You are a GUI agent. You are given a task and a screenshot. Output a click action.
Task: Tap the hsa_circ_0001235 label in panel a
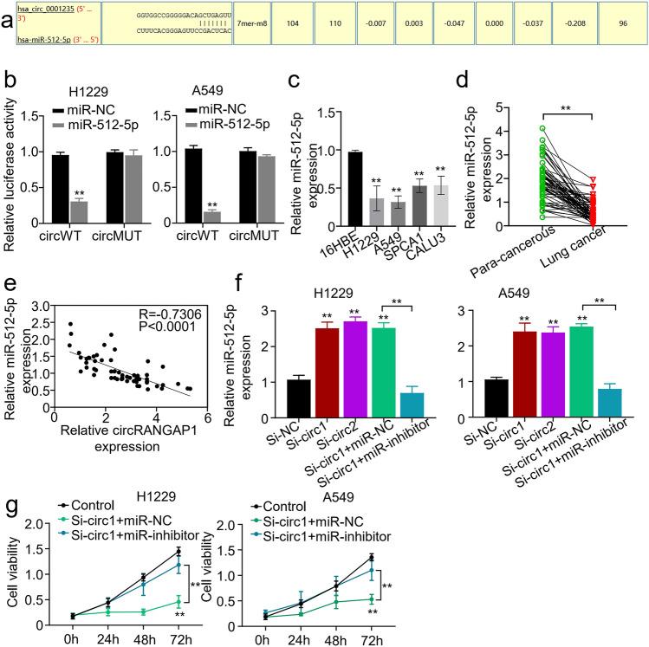(42, 14)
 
